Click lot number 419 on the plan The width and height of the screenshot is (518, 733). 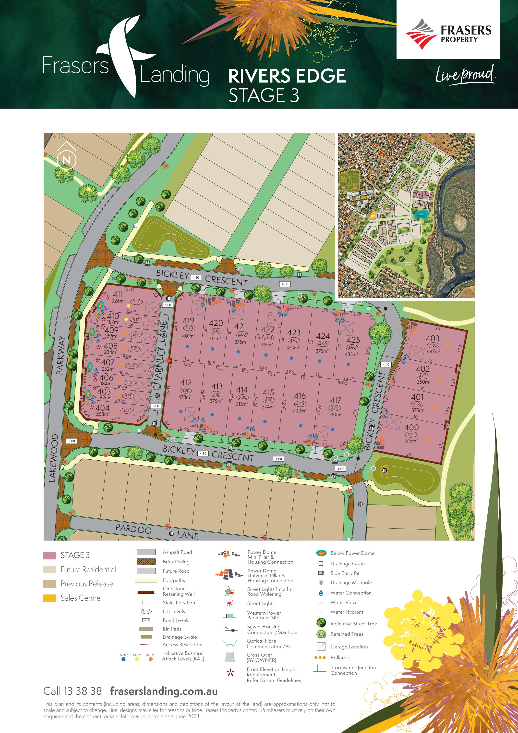[188, 320]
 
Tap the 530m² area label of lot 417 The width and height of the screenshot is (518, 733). [335, 414]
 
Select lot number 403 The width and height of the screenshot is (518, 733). [433, 338]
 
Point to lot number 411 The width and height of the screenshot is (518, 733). [117, 294]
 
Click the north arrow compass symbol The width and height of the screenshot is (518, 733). [66, 159]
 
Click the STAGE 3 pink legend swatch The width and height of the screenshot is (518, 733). [49, 556]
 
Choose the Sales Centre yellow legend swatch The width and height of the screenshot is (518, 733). [49, 598]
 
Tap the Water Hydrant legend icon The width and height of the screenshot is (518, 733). [321, 612]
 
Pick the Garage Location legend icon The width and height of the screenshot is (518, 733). [321, 647]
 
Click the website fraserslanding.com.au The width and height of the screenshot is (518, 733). [164, 691]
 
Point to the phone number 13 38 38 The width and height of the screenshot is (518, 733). [82, 691]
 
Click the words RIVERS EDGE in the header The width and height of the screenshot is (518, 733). [287, 76]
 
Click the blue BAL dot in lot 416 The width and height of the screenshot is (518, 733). [301, 426]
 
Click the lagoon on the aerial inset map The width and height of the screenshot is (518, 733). [421, 214]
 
